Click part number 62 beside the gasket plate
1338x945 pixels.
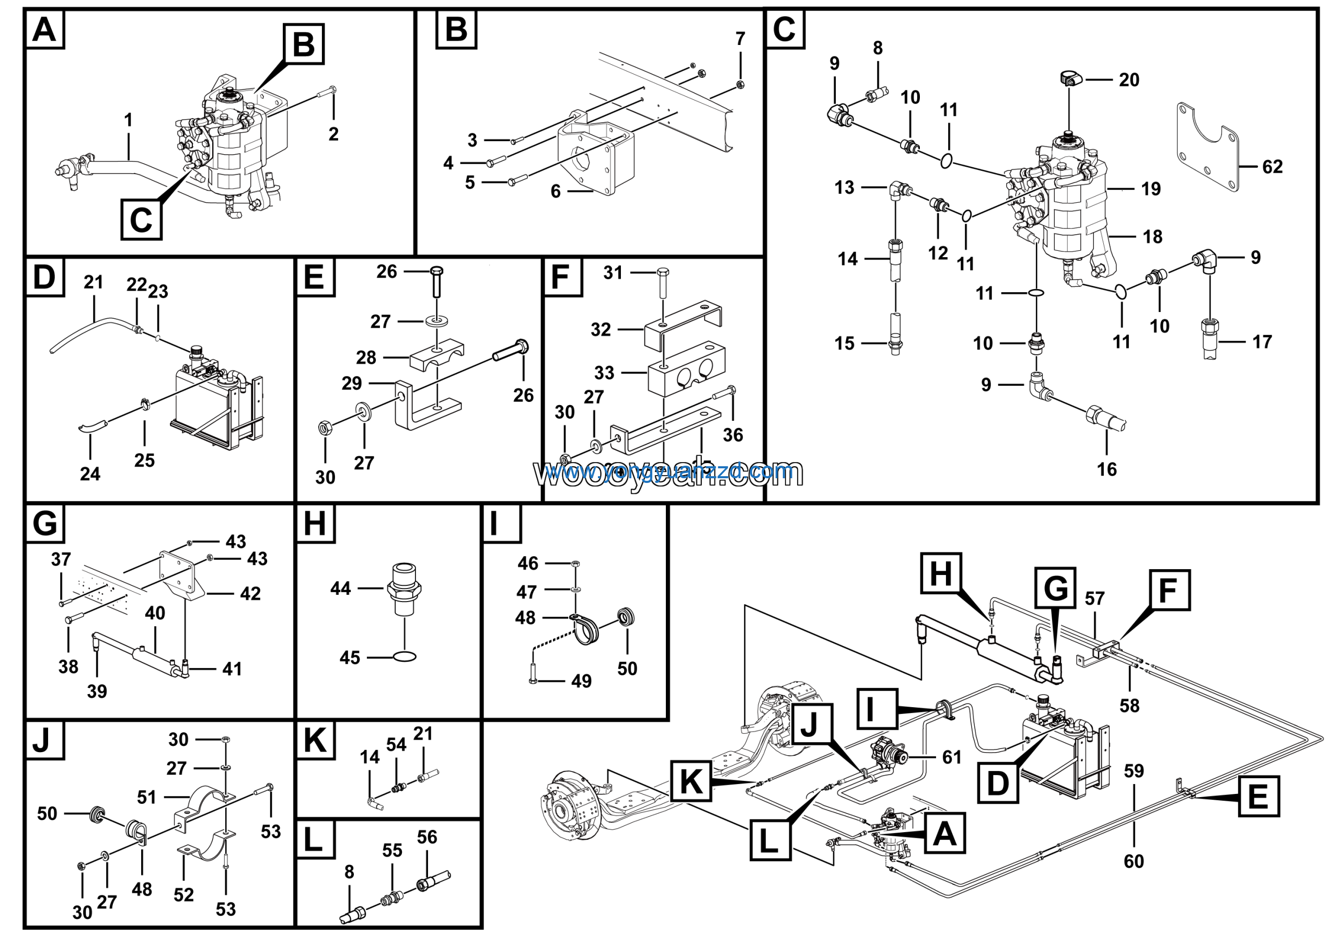1272,167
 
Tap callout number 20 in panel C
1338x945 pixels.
1129,80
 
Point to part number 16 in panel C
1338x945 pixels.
1106,469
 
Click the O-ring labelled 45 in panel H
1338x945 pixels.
405,657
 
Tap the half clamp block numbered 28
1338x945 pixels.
436,356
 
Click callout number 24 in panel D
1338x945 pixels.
90,474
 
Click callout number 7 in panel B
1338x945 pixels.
740,39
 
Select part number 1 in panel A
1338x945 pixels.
128,121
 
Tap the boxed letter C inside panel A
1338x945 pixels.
141,219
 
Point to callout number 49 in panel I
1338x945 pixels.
581,681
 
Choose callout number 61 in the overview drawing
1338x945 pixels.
952,757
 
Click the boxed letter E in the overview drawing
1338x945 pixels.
1258,797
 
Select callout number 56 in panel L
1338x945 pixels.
426,838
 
